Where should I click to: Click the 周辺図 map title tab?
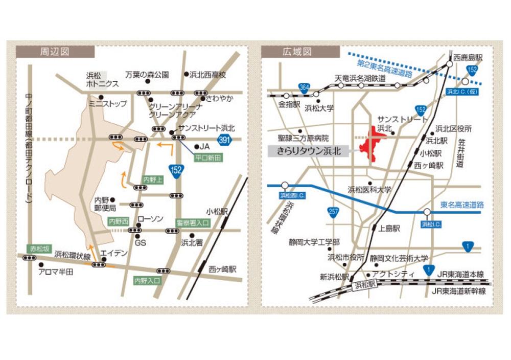click(x=55, y=52)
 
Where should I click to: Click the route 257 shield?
click(x=333, y=211)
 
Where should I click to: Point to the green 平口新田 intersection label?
click(x=206, y=159)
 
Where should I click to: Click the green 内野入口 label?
click(x=147, y=281)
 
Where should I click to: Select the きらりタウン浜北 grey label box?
click(x=308, y=151)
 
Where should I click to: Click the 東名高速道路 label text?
click(x=461, y=204)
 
